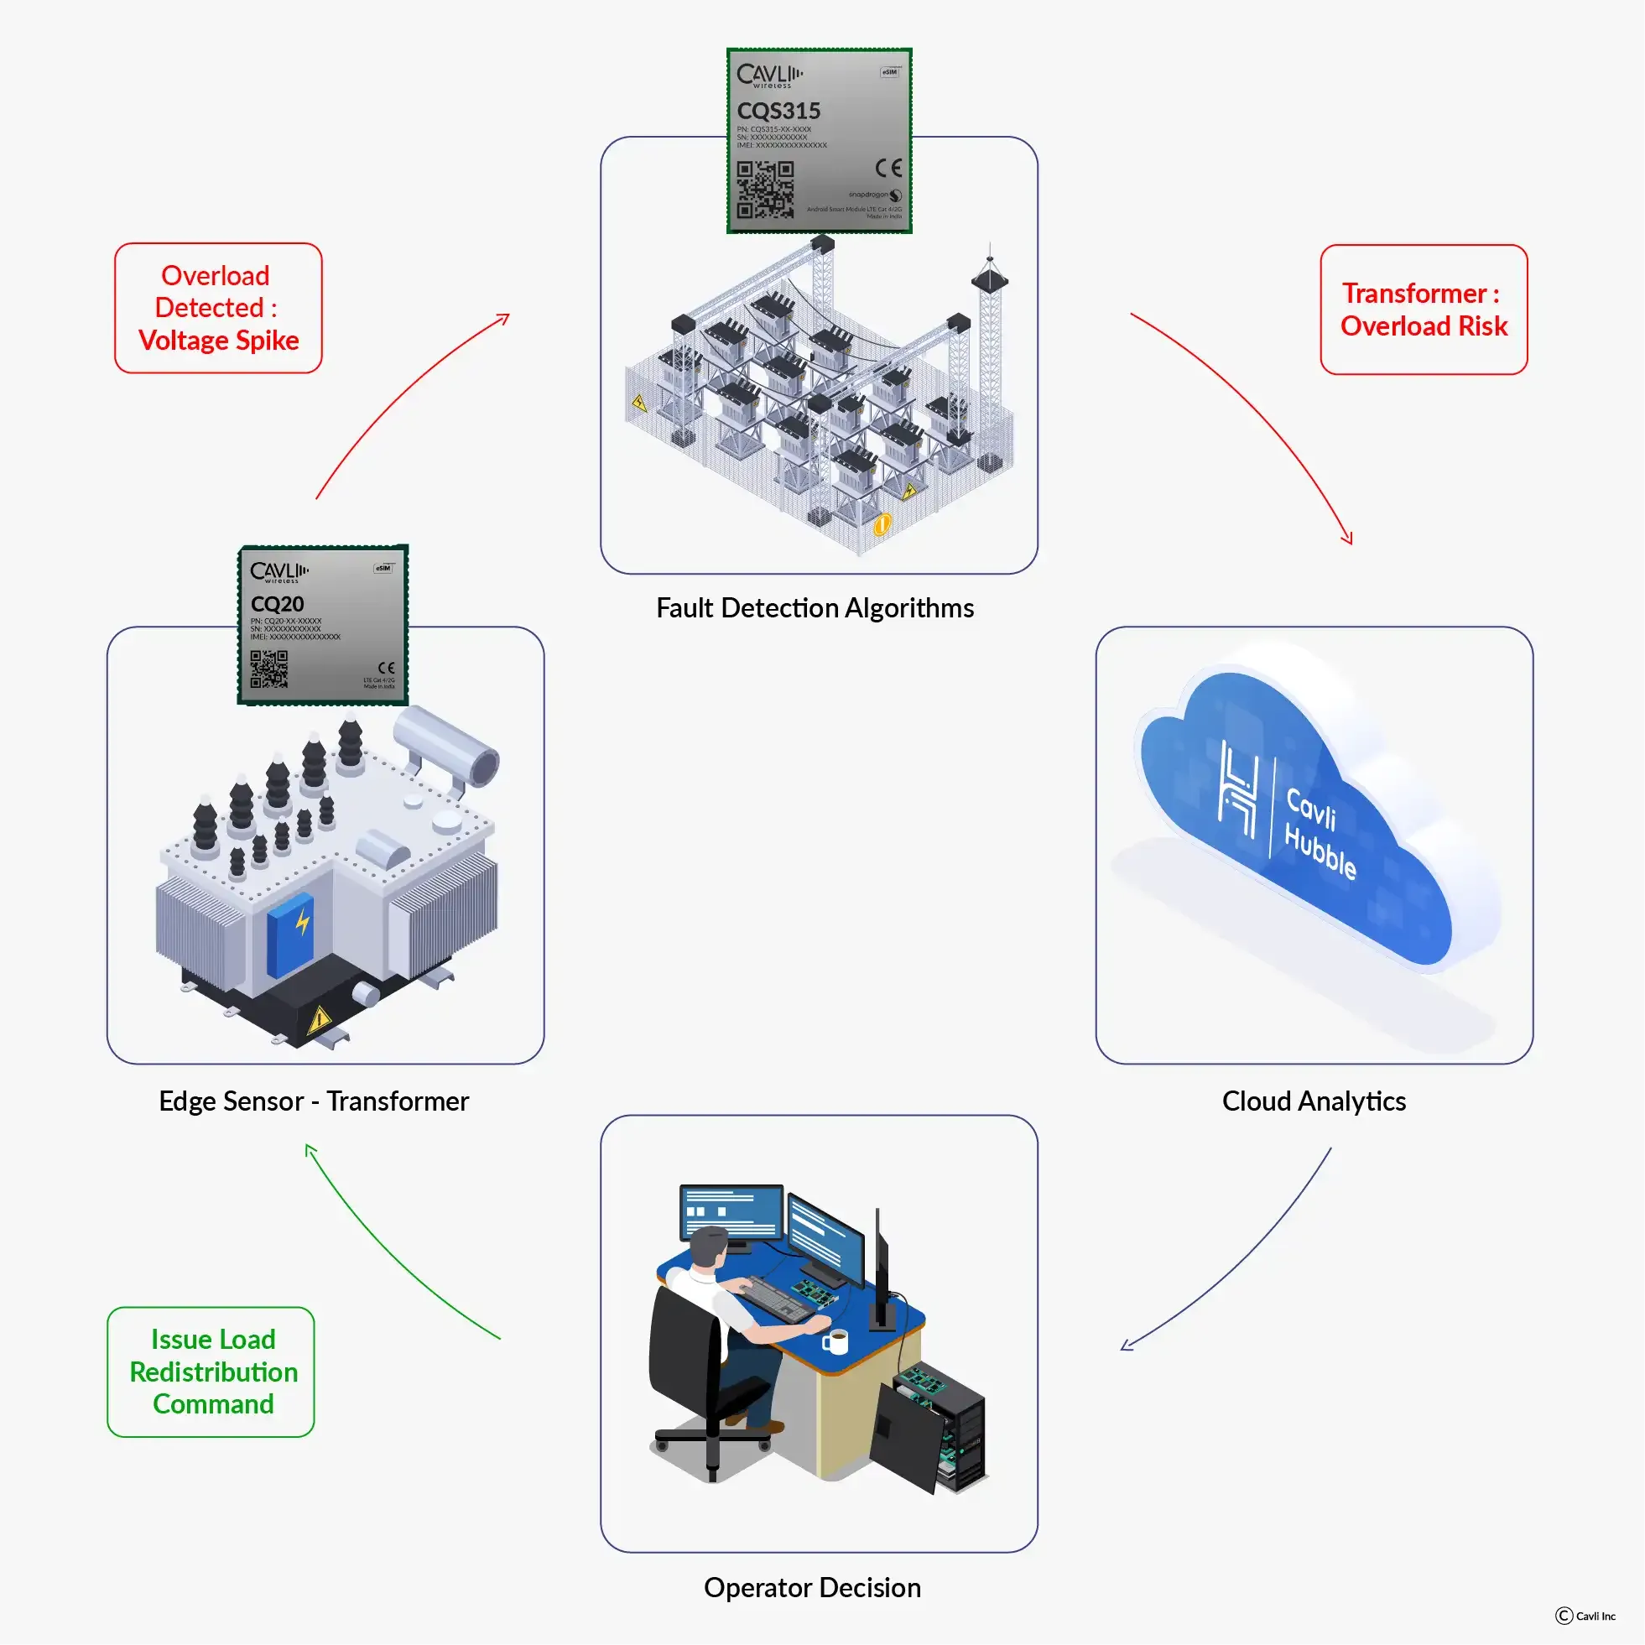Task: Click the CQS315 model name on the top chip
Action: pos(778,111)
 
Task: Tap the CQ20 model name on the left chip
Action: pos(277,604)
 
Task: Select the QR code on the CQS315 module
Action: pos(764,189)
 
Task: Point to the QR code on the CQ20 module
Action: pos(268,669)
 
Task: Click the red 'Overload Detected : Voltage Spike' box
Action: pos(218,308)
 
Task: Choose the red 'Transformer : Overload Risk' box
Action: pos(1424,310)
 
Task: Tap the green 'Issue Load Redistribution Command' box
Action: pos(211,1372)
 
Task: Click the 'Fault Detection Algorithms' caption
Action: pos(815,608)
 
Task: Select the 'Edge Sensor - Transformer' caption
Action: pos(314,1101)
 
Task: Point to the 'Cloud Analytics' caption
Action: pos(1314,1101)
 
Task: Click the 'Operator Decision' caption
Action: pos(812,1587)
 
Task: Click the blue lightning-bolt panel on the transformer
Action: pos(290,934)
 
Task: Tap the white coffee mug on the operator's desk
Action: pos(836,1342)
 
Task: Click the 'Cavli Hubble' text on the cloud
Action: pos(1319,834)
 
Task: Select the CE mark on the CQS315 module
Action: pos(888,168)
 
